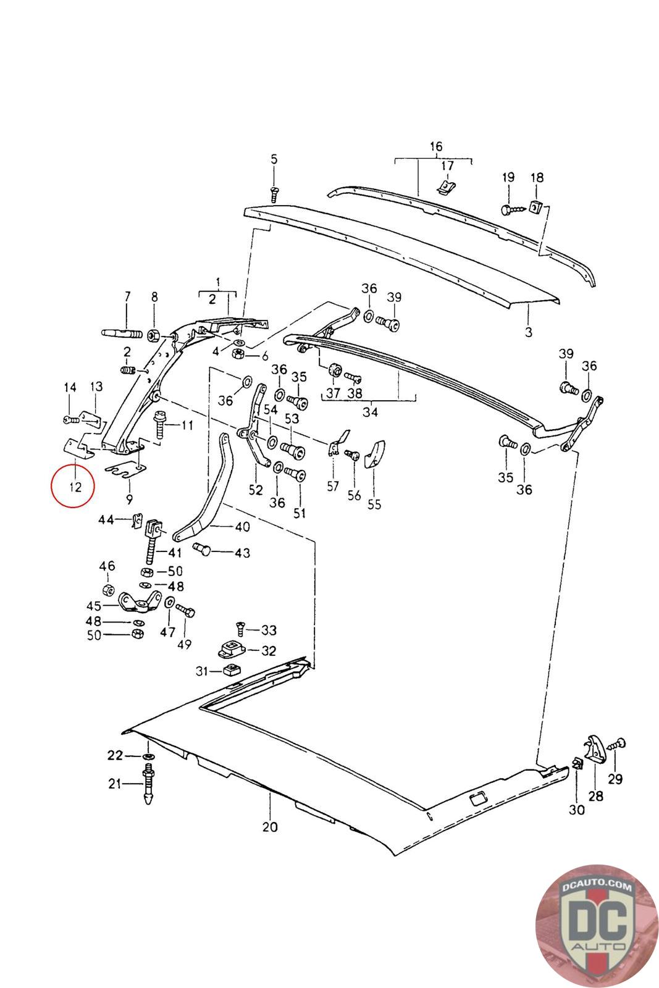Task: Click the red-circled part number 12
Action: (75, 487)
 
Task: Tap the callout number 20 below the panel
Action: (270, 826)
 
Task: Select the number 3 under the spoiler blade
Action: (528, 332)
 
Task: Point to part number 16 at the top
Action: (436, 146)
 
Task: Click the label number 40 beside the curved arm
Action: (242, 527)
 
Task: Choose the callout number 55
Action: (374, 504)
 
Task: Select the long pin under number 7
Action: (125, 334)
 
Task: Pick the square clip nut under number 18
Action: (536, 206)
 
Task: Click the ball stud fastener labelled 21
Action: (148, 784)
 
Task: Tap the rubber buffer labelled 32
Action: (230, 650)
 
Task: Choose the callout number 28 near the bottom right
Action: (595, 796)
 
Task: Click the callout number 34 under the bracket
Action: (370, 411)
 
